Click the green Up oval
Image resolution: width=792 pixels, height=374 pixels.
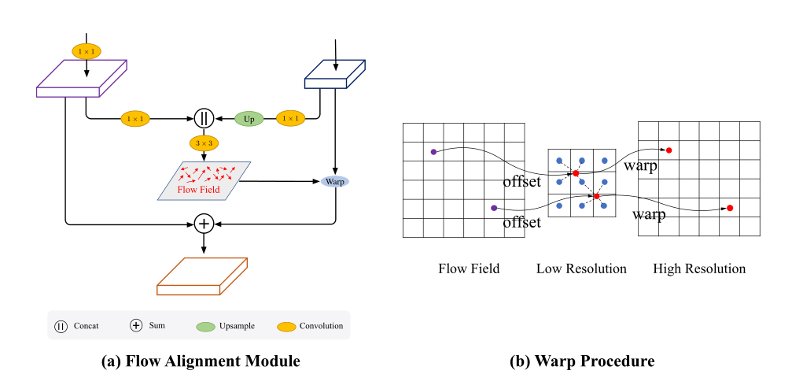click(249, 119)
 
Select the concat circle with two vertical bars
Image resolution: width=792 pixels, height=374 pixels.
click(204, 119)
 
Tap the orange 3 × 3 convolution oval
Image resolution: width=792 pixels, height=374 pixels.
click(204, 144)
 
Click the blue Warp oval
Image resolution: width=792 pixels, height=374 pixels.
click(336, 181)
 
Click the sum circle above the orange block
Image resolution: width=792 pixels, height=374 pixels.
click(204, 224)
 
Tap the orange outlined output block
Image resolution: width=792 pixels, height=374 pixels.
click(203, 276)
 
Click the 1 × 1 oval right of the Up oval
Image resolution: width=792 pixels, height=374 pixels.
click(290, 119)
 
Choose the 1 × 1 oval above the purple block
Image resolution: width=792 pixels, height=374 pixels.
click(87, 51)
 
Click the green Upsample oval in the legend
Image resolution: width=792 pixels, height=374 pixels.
click(207, 326)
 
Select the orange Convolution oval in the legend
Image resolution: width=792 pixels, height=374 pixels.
click(290, 326)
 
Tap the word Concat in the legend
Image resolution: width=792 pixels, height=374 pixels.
click(86, 326)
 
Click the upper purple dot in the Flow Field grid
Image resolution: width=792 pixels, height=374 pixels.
click(433, 151)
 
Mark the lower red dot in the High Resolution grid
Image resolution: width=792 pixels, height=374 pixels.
click(730, 208)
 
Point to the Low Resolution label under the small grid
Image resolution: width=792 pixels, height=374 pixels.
click(581, 269)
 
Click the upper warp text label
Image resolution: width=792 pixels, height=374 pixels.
click(641, 166)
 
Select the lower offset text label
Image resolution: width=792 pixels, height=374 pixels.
click(522, 223)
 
